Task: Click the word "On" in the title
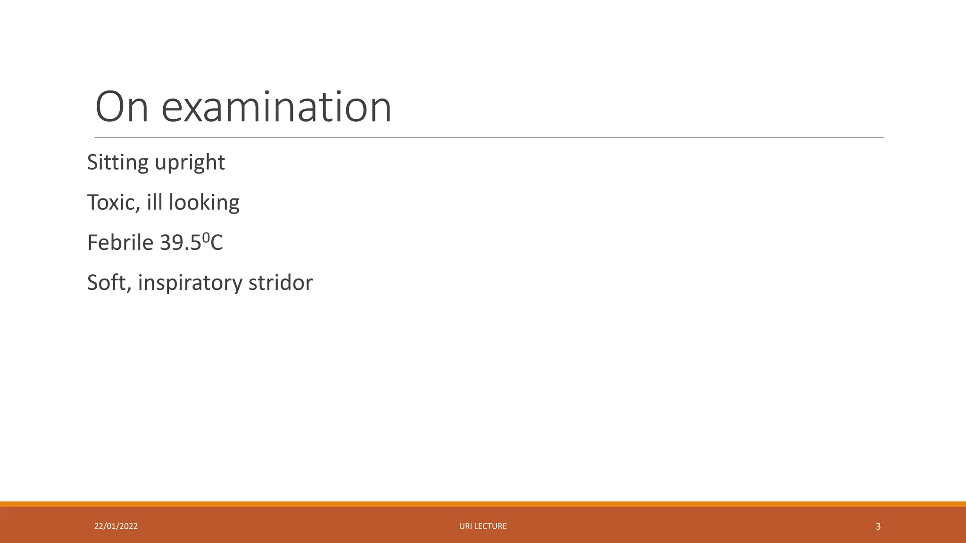[x=122, y=107]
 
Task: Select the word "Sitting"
[x=118, y=163]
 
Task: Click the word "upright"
[x=190, y=163]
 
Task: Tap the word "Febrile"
[x=120, y=243]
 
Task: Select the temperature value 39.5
[x=180, y=243]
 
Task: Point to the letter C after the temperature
[x=217, y=243]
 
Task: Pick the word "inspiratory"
[x=190, y=283]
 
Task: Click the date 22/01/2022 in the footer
[x=116, y=526]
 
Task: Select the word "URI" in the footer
[x=465, y=526]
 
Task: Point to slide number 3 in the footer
[x=878, y=527]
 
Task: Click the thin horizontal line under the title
[x=489, y=138]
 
